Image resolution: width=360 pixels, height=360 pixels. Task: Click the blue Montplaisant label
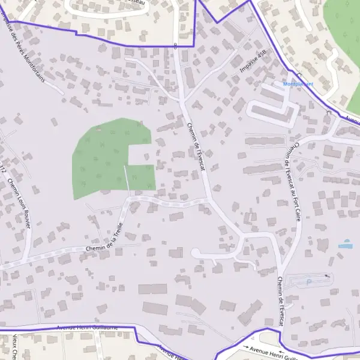pos(298,84)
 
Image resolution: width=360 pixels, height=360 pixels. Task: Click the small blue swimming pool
pos(345,245)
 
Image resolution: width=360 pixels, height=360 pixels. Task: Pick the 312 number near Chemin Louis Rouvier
pos(4,169)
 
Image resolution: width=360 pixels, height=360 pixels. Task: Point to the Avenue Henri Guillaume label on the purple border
pos(88,328)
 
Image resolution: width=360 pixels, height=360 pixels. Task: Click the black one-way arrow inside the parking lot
pos(326,276)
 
